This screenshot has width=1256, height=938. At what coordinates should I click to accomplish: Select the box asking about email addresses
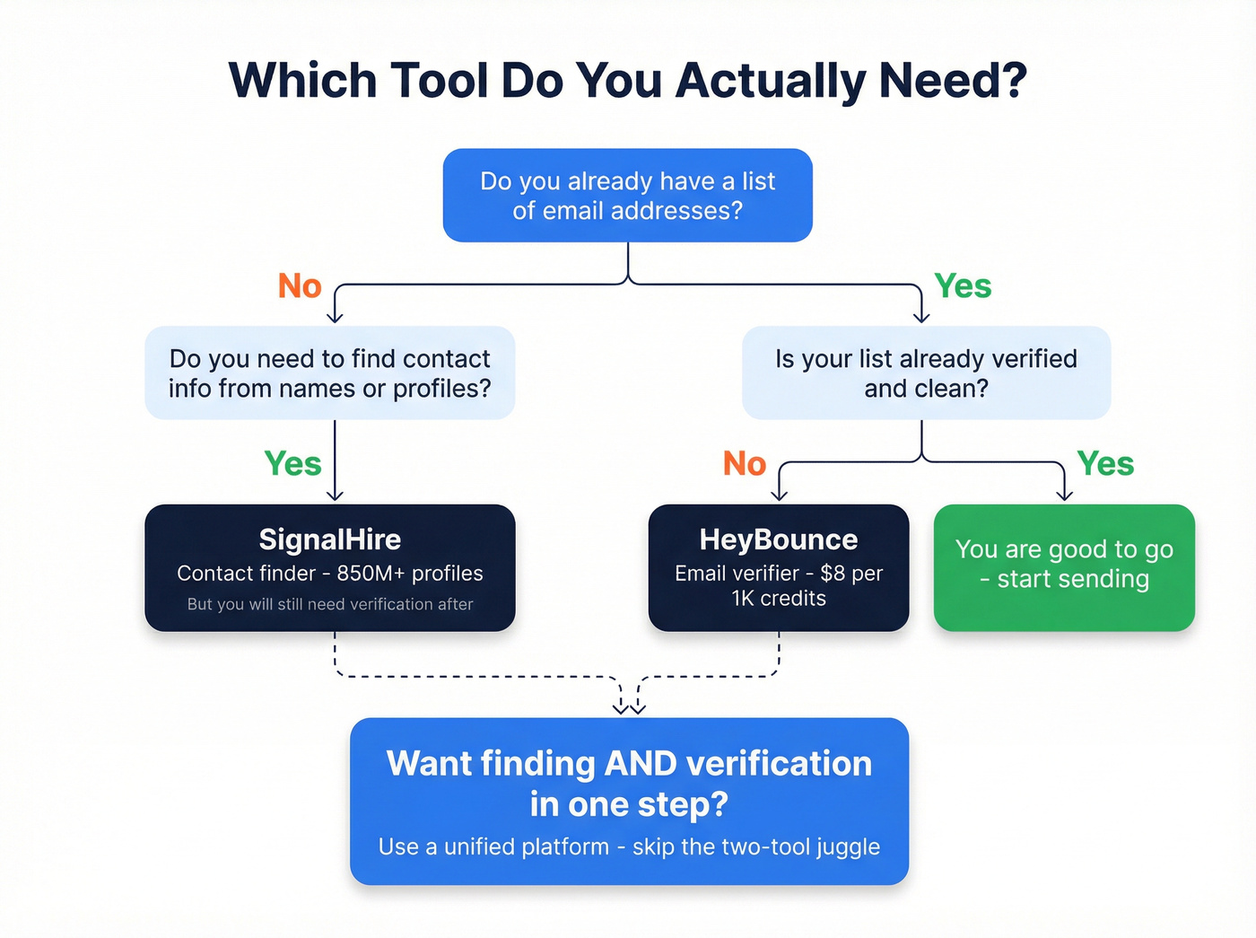click(x=627, y=196)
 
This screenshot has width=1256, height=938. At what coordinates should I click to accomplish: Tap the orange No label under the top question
click(x=300, y=286)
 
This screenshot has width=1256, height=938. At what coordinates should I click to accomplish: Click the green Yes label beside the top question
click(x=963, y=286)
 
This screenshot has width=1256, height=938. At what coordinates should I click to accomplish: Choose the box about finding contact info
click(x=329, y=373)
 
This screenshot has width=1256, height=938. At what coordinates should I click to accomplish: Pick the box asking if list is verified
click(x=926, y=373)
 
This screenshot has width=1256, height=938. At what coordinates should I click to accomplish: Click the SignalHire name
click(x=329, y=539)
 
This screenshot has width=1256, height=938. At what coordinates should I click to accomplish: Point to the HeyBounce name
click(x=778, y=539)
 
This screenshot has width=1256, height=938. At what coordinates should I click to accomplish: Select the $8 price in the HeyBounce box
click(x=833, y=574)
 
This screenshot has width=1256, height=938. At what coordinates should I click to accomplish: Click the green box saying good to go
click(x=1064, y=567)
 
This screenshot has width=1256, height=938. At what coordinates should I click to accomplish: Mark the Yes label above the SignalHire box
click(x=292, y=464)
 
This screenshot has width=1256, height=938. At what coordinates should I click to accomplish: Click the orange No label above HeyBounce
click(x=745, y=464)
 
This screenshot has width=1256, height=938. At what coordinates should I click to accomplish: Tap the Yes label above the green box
click(x=1105, y=464)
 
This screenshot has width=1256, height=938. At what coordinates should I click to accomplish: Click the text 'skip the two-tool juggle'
click(x=756, y=846)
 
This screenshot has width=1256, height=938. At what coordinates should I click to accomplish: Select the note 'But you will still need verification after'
click(x=329, y=604)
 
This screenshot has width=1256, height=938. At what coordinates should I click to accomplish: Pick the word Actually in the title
click(x=770, y=81)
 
